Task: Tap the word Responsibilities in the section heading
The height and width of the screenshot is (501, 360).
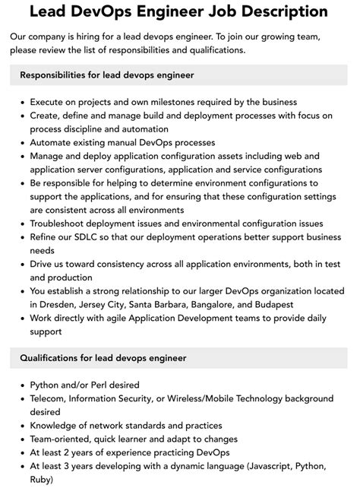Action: (x=60, y=75)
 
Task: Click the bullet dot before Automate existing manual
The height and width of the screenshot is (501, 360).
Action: (x=22, y=142)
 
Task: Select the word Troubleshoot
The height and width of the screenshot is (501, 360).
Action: (x=66, y=224)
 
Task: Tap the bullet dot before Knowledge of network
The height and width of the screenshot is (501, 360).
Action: (x=22, y=426)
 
